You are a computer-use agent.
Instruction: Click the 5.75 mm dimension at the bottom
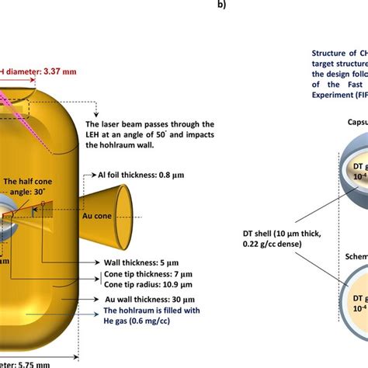[28, 363]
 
